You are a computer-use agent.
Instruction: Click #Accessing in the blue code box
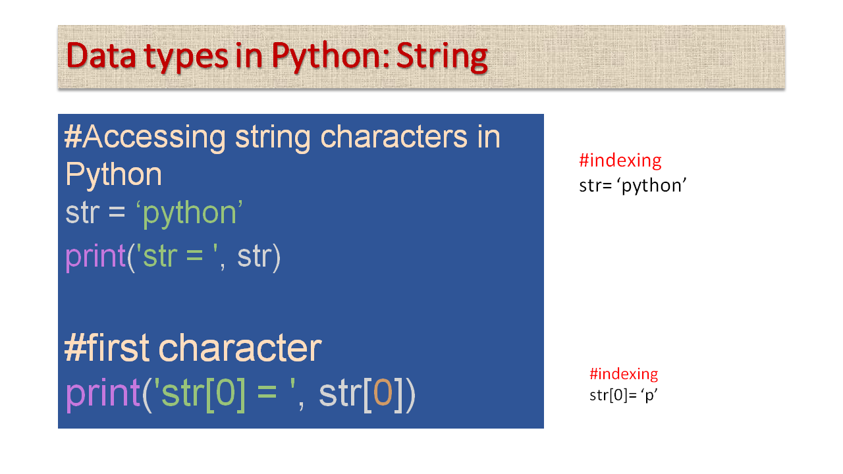coord(145,137)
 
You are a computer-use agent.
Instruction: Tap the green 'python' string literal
coord(190,214)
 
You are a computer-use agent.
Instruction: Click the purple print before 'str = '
coord(95,255)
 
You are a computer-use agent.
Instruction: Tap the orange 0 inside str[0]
coord(383,394)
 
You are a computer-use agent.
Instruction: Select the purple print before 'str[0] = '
coord(103,394)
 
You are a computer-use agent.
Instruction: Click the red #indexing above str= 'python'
coord(620,160)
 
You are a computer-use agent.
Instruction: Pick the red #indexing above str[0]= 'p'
coord(623,374)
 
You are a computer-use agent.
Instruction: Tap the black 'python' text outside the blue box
coord(654,186)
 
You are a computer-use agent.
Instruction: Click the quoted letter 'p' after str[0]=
coord(649,396)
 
